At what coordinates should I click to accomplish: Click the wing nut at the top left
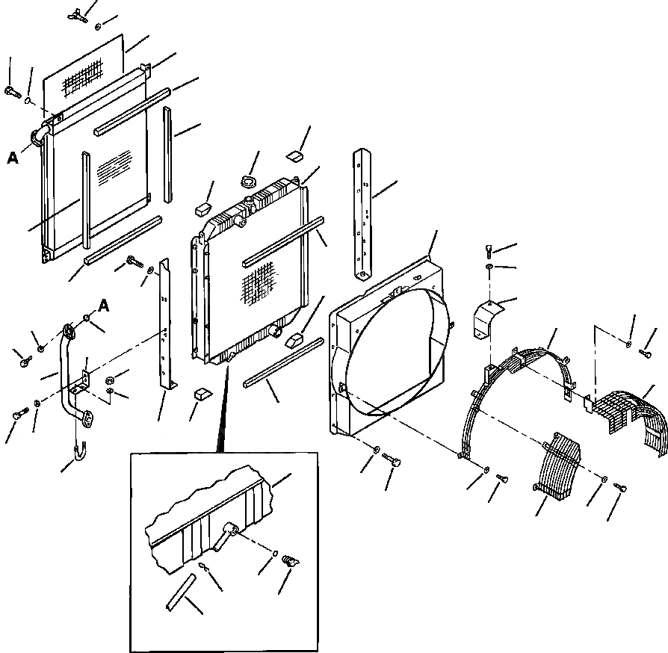[77, 13]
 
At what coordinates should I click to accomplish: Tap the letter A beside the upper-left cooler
[13, 158]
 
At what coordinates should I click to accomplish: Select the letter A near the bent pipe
[104, 304]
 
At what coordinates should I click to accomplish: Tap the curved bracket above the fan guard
[486, 317]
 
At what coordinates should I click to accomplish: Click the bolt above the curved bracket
[489, 251]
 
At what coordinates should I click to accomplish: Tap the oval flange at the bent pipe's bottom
[87, 419]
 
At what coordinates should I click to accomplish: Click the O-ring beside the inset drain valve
[274, 555]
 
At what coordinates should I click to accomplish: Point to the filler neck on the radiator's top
[241, 221]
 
